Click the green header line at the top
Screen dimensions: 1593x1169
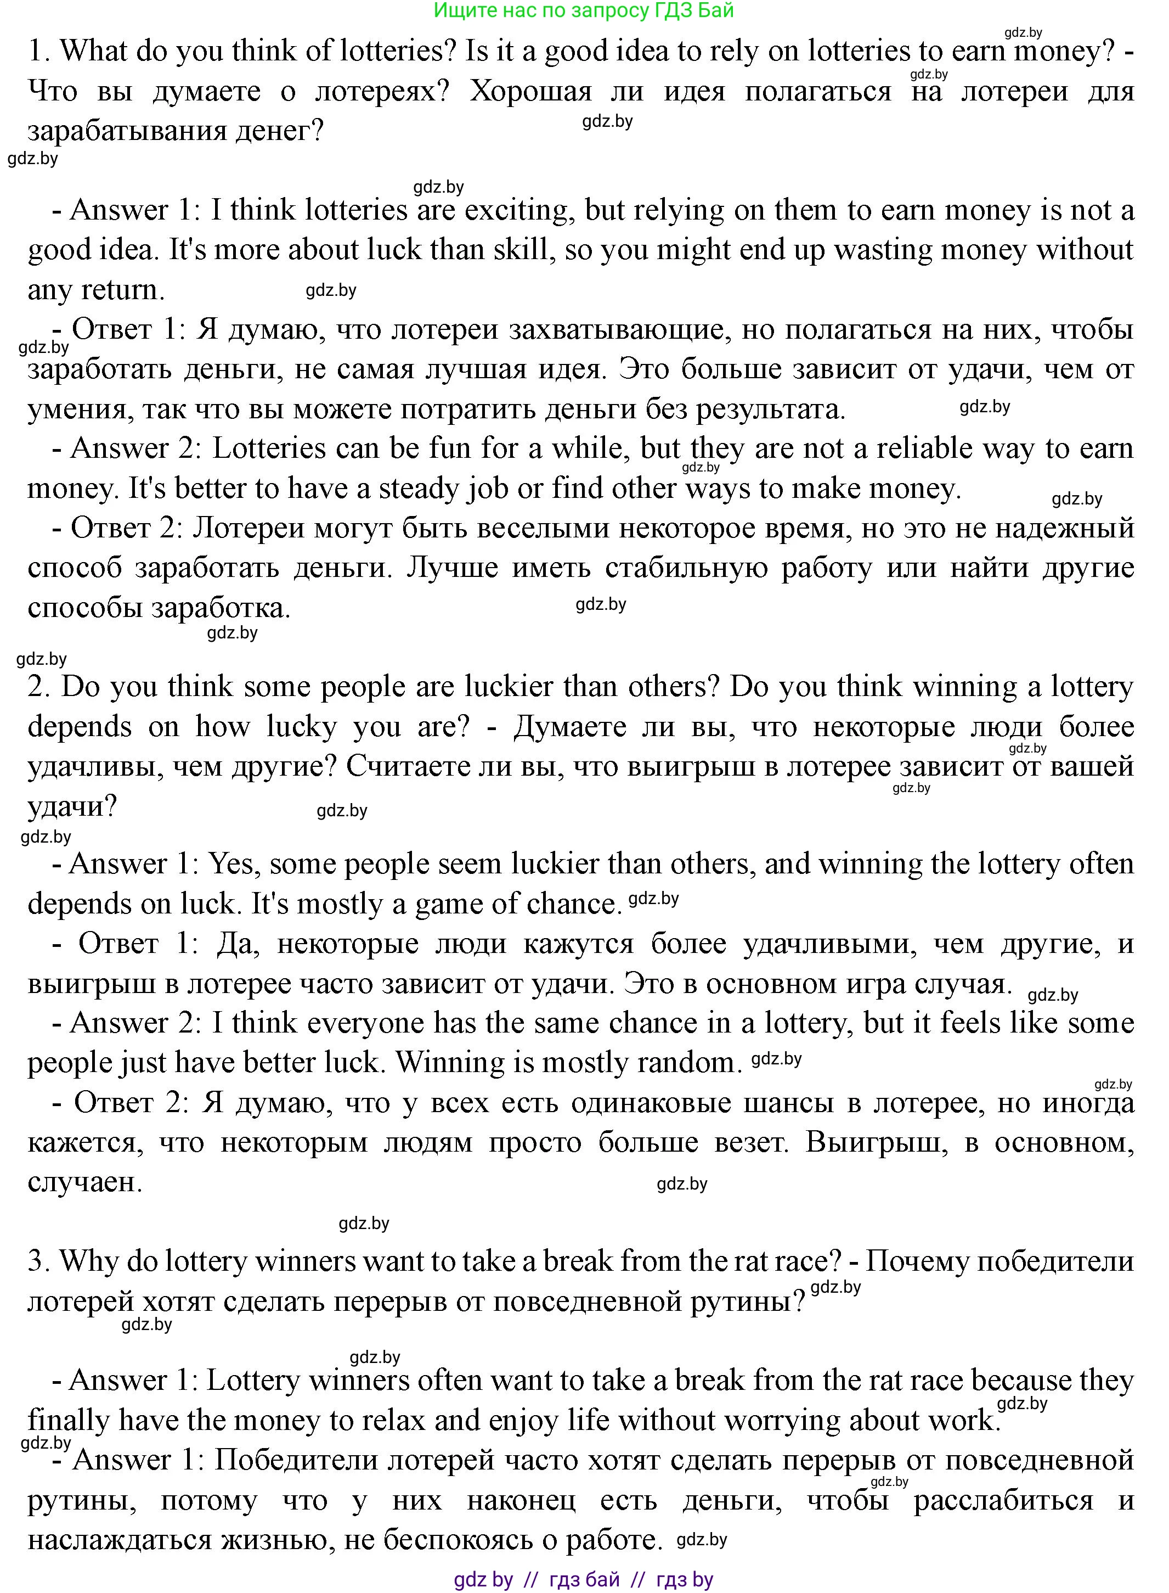point(584,10)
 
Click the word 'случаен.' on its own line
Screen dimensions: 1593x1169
point(85,1182)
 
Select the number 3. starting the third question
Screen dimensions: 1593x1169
point(39,1261)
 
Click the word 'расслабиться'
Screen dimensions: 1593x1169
point(1003,1500)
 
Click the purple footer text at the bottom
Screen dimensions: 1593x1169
point(584,1579)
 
